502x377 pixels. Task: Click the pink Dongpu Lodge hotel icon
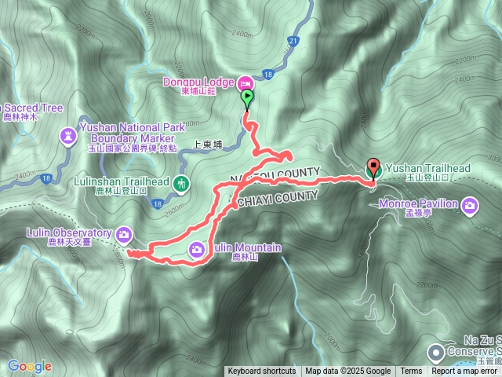point(245,82)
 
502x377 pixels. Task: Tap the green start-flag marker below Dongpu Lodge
point(248,99)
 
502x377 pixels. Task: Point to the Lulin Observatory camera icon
point(124,233)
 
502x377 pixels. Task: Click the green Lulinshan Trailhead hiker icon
point(181,184)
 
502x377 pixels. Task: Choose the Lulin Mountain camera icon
point(197,249)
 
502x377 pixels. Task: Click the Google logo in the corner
point(30,366)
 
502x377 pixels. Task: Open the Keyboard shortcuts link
point(262,372)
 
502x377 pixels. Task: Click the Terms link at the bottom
point(411,372)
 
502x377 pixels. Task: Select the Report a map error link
point(466,372)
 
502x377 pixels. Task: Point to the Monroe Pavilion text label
point(431,204)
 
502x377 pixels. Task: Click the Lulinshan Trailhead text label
point(121,181)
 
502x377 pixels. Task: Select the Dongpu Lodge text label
point(198,81)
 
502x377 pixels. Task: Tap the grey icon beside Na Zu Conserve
point(436,352)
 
